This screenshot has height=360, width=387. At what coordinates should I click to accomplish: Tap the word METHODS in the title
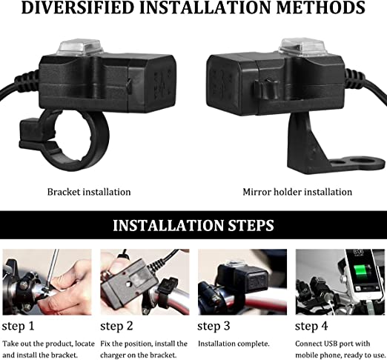(x=320, y=7)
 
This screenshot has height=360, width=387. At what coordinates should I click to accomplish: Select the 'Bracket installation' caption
(x=89, y=192)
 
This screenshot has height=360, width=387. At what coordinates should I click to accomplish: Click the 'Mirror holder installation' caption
(x=297, y=192)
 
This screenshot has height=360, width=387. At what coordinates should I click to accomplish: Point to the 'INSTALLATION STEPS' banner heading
(x=193, y=225)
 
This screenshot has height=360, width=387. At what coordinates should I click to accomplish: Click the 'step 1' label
(x=18, y=326)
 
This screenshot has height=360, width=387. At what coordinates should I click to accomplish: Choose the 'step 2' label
(x=116, y=326)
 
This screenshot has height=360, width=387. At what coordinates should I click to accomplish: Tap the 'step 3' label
(x=214, y=326)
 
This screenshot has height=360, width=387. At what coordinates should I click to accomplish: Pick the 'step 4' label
(x=311, y=326)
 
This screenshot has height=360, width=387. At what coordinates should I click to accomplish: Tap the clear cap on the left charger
(x=79, y=47)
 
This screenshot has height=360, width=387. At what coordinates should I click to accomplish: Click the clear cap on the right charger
(x=302, y=47)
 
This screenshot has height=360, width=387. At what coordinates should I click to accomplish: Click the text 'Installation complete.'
(x=234, y=344)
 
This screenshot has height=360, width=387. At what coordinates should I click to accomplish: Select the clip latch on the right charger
(x=266, y=89)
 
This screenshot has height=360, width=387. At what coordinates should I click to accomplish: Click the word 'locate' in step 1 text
(x=85, y=344)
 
